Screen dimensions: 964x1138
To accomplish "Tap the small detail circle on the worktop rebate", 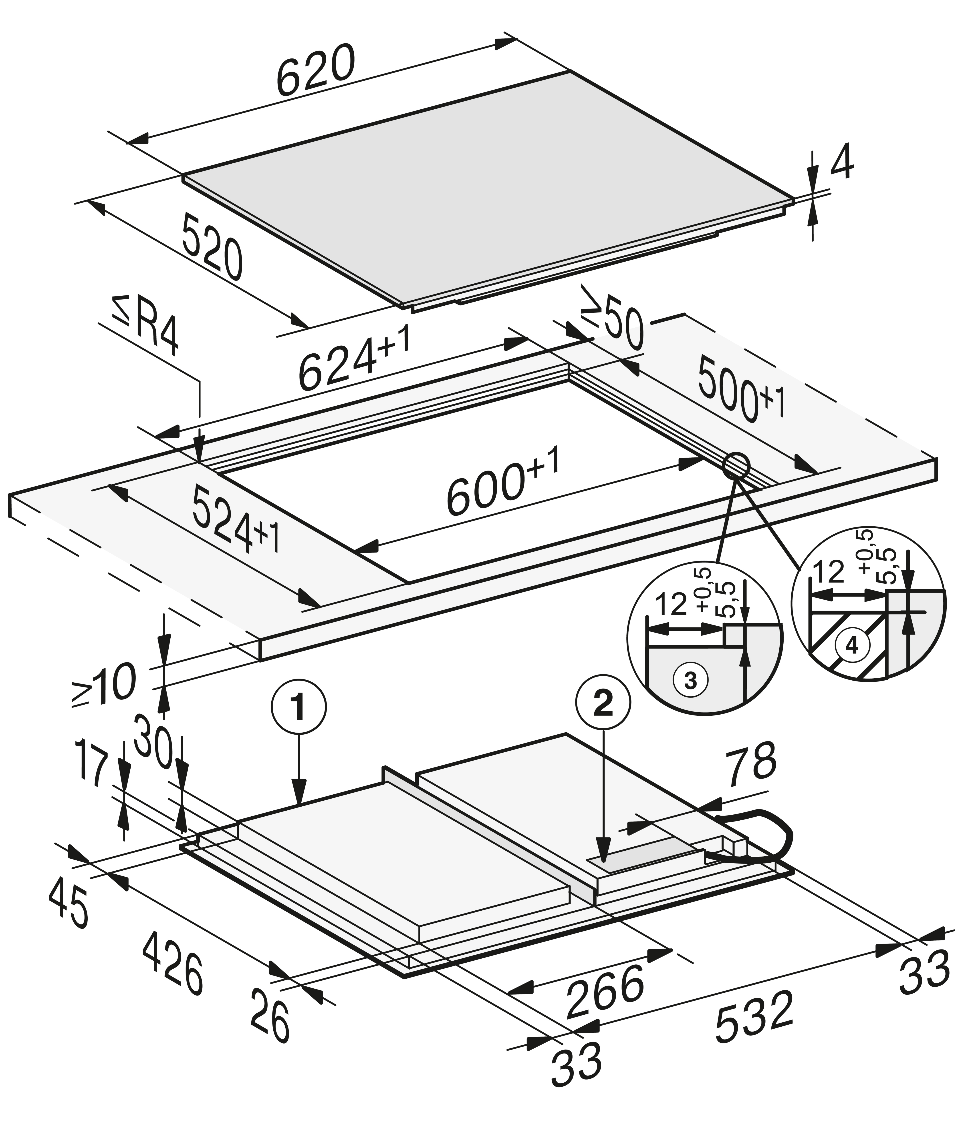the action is point(735,465).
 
